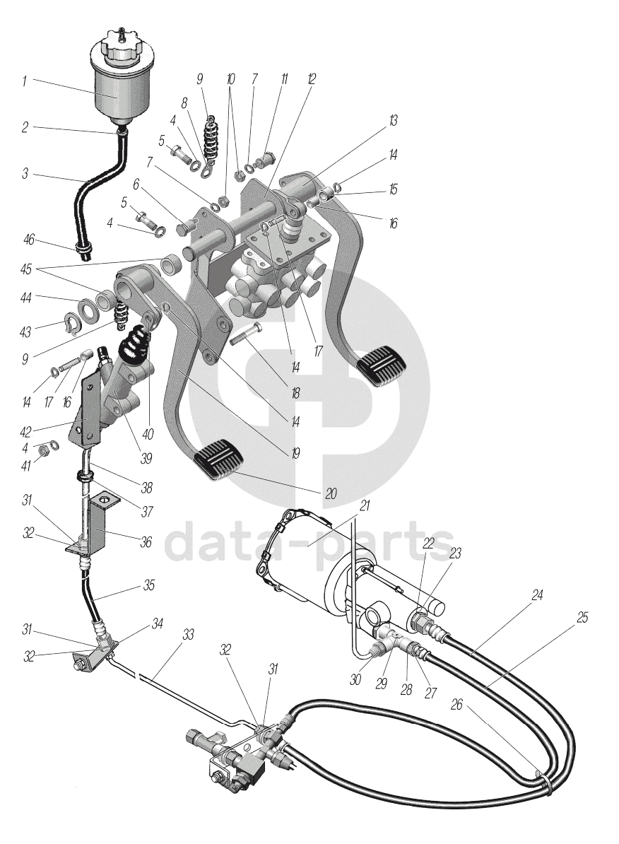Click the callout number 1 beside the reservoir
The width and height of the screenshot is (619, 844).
click(x=24, y=81)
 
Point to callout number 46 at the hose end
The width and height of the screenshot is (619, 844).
click(x=28, y=239)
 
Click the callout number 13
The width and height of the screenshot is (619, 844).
click(x=394, y=121)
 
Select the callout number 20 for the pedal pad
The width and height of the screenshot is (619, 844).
click(x=331, y=493)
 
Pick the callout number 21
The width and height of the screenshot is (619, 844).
click(x=365, y=505)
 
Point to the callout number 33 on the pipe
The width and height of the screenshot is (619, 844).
click(x=187, y=635)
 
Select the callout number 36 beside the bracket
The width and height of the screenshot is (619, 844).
click(x=146, y=542)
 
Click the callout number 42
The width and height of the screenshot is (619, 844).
click(x=25, y=431)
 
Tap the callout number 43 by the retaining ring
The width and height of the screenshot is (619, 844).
click(x=25, y=332)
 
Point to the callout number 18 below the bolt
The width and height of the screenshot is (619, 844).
click(x=295, y=394)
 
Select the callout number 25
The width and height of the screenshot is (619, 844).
click(x=582, y=617)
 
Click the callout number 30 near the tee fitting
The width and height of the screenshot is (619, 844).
click(x=355, y=680)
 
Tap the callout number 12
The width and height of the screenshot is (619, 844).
click(x=312, y=79)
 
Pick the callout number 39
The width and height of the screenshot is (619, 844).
click(x=146, y=458)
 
